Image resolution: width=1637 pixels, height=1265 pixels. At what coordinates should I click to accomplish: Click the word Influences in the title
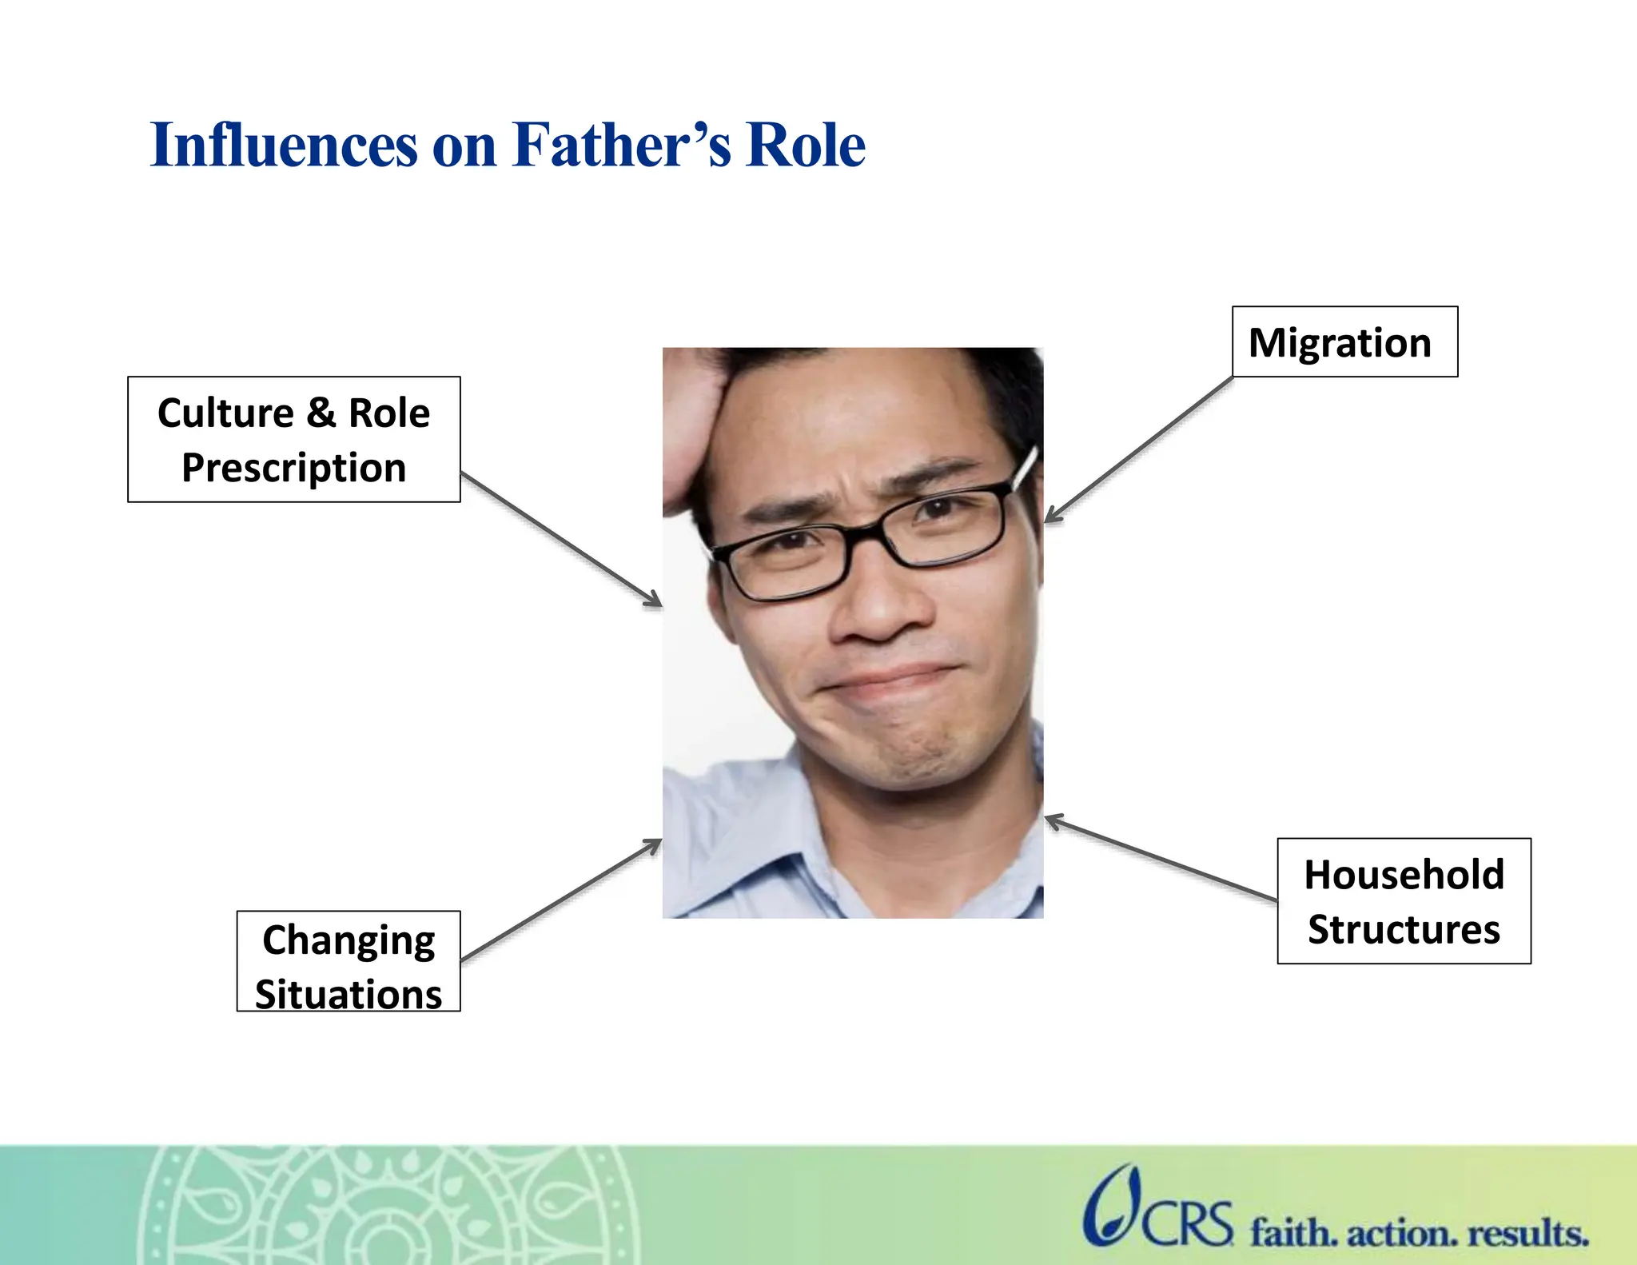(x=284, y=146)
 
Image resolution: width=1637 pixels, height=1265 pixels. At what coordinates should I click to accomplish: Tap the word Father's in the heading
(x=621, y=146)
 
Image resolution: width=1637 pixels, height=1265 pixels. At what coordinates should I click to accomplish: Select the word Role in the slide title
(x=805, y=146)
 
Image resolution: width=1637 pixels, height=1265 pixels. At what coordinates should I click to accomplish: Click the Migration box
(x=1344, y=342)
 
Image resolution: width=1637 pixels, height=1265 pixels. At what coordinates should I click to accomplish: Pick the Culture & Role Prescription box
(x=293, y=440)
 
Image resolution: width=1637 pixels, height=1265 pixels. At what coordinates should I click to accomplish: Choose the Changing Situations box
(x=349, y=962)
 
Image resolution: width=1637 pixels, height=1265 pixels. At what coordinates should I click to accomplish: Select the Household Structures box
(x=1404, y=901)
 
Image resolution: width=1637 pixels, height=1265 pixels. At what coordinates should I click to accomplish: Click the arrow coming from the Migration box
(x=1139, y=450)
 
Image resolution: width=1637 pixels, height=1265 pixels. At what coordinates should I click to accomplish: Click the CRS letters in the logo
(x=1186, y=1224)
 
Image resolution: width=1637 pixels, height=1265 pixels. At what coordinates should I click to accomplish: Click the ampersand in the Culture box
(x=320, y=413)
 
